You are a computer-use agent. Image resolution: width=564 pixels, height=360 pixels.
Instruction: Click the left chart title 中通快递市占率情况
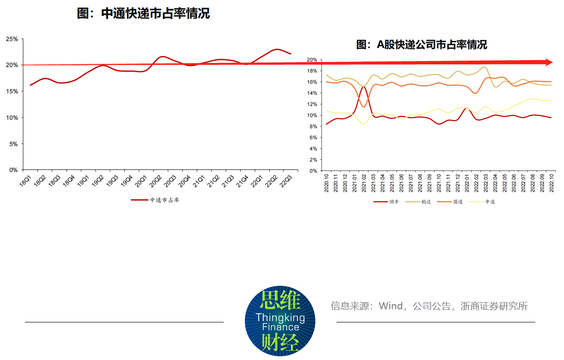coord(143,14)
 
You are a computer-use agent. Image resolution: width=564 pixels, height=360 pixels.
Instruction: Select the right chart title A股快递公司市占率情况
coord(421,45)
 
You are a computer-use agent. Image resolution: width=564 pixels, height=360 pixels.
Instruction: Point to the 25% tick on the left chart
coord(12,39)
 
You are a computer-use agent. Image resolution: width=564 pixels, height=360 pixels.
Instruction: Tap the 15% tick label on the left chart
coord(12,91)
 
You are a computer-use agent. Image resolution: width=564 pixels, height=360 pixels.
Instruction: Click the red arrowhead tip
coord(551,62)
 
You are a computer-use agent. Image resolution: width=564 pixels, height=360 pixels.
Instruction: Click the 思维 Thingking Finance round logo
coord(280,321)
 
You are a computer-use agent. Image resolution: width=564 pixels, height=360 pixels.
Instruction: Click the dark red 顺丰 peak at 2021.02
coord(363,87)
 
